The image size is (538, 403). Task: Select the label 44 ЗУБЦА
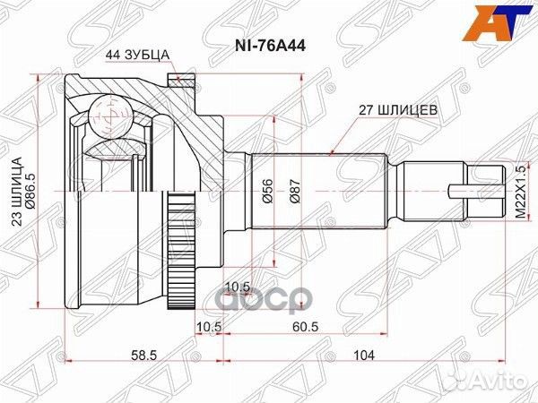(x=142, y=54)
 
